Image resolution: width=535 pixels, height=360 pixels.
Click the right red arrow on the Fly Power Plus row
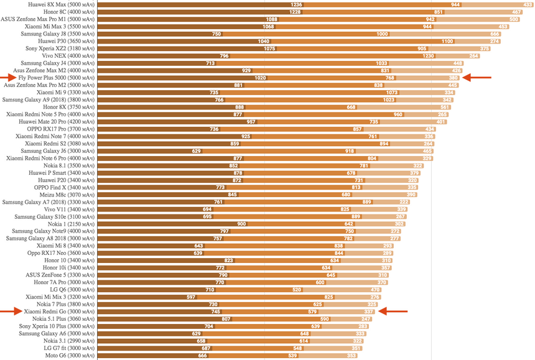click(x=477, y=78)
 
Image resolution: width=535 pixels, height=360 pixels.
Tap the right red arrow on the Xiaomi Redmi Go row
click(x=393, y=311)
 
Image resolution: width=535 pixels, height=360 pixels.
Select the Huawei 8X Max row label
click(x=62, y=4)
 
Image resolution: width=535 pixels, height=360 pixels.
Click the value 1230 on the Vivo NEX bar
click(x=428, y=56)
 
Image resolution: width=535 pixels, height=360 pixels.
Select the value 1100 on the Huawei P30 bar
click(x=447, y=41)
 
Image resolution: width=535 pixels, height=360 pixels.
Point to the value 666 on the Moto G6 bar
click(x=202, y=356)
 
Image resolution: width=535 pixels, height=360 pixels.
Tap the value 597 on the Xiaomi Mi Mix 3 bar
click(x=191, y=297)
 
